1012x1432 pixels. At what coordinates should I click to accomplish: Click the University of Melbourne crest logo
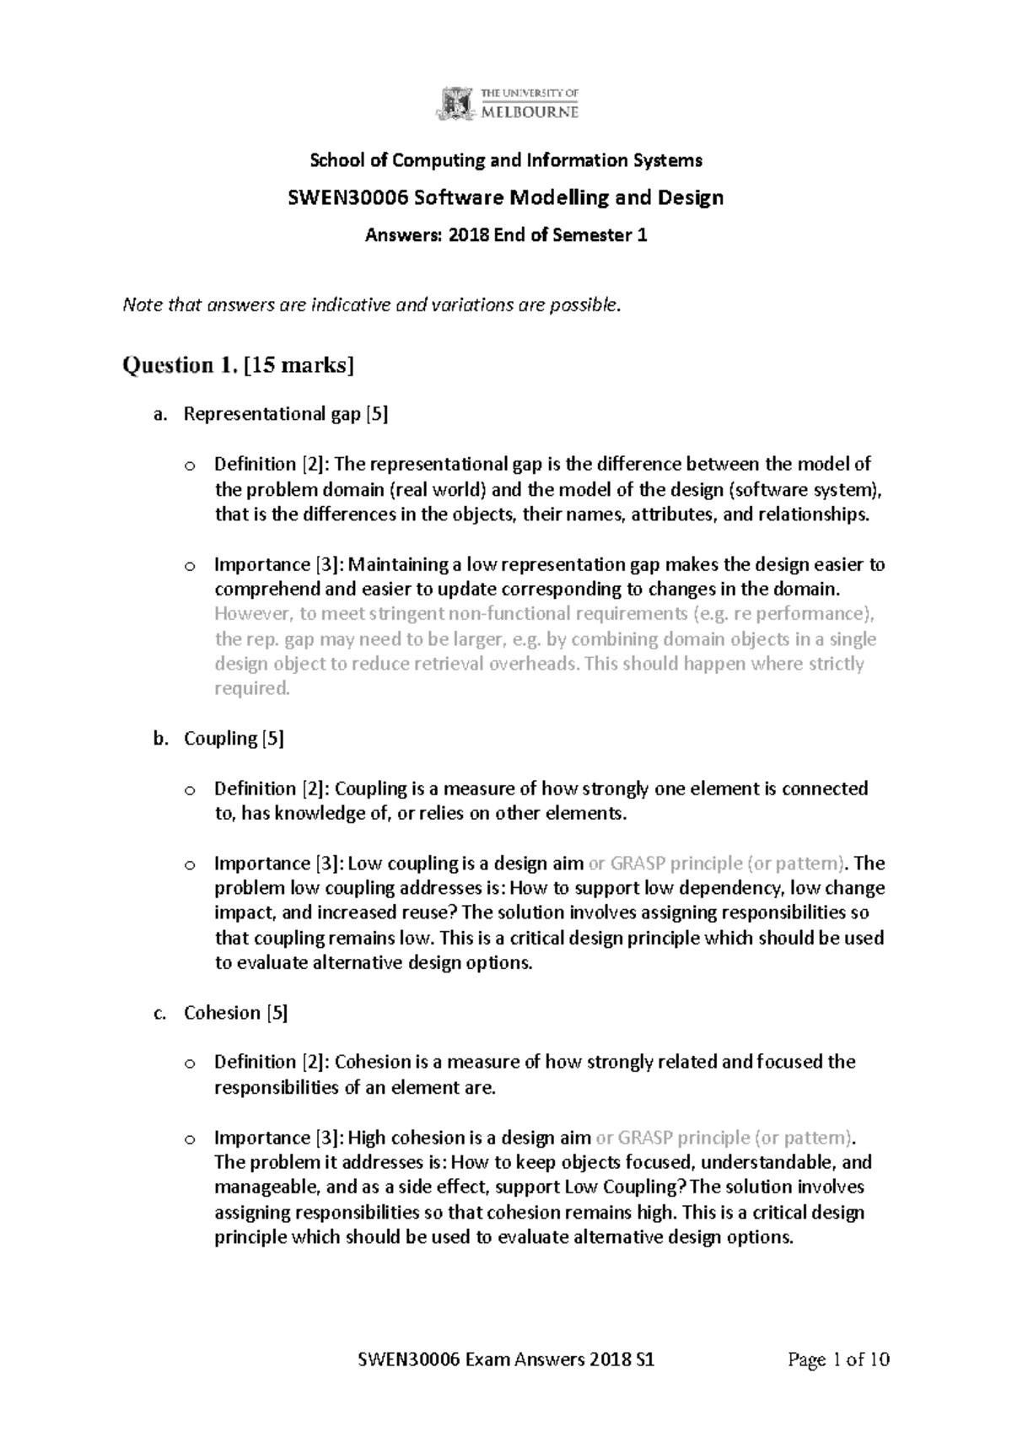[x=454, y=104]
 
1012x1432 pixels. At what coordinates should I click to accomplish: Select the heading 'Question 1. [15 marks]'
[x=239, y=365]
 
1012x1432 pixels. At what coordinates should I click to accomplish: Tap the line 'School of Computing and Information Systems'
[x=506, y=160]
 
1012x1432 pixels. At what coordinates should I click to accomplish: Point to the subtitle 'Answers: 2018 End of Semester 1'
[x=506, y=236]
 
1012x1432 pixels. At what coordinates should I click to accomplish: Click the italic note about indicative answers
[x=372, y=305]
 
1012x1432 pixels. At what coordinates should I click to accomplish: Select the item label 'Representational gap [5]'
[x=286, y=414]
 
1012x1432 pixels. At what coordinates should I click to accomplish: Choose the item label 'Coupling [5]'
[x=234, y=739]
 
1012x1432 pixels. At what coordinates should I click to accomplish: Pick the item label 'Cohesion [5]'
[x=235, y=1013]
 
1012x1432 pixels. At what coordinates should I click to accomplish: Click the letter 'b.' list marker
[x=160, y=739]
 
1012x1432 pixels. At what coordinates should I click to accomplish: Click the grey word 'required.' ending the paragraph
[x=252, y=688]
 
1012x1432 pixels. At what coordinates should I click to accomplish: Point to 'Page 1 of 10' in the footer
[x=838, y=1359]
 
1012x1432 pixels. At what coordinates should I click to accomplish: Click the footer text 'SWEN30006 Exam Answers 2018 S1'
[x=507, y=1359]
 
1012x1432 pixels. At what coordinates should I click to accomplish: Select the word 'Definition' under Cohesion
[x=255, y=1062]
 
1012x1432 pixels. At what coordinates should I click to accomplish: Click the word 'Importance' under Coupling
[x=262, y=864]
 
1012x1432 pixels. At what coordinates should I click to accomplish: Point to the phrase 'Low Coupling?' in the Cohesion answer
[x=634, y=1187]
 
